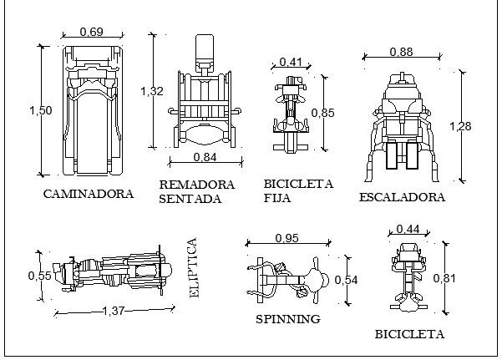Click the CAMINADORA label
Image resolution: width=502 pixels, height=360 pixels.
point(89,194)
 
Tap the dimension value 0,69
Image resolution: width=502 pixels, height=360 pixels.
point(92,32)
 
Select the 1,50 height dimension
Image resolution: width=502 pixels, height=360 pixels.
point(41,110)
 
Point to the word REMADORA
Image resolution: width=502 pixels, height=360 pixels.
point(197,185)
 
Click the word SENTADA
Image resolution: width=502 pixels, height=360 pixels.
point(190,199)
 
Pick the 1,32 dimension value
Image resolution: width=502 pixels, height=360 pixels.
point(152,91)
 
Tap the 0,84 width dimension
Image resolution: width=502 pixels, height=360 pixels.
point(205,157)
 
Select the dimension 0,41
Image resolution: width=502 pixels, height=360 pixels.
point(291,62)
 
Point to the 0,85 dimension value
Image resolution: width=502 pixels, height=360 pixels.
point(322,113)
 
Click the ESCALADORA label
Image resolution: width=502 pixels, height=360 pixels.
point(402,197)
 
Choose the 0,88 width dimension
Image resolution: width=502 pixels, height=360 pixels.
point(402,52)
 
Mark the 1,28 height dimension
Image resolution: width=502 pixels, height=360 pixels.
point(460,126)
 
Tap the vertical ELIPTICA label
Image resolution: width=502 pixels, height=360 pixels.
point(194,268)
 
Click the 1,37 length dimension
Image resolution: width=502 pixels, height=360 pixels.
point(114,311)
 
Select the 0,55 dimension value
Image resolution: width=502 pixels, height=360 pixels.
point(40,276)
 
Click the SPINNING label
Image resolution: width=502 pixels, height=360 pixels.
point(288,319)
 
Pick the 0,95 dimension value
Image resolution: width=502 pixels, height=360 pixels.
point(286,238)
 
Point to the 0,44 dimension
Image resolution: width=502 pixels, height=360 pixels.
point(408,229)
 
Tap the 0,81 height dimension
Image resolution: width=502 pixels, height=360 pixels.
point(444,278)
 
